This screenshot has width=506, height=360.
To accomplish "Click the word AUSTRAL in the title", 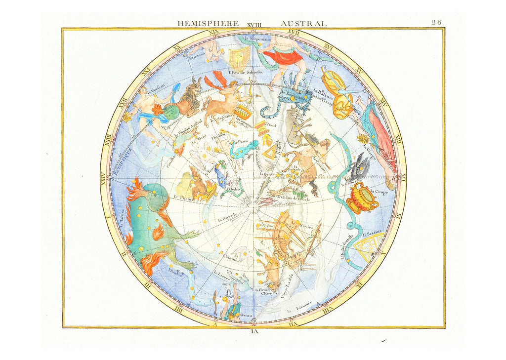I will click(x=303, y=23).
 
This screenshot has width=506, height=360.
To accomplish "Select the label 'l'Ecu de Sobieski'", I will click(x=245, y=72).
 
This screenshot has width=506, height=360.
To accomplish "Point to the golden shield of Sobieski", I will click(x=240, y=58).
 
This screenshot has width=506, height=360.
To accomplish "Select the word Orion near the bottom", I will click(x=246, y=315).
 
